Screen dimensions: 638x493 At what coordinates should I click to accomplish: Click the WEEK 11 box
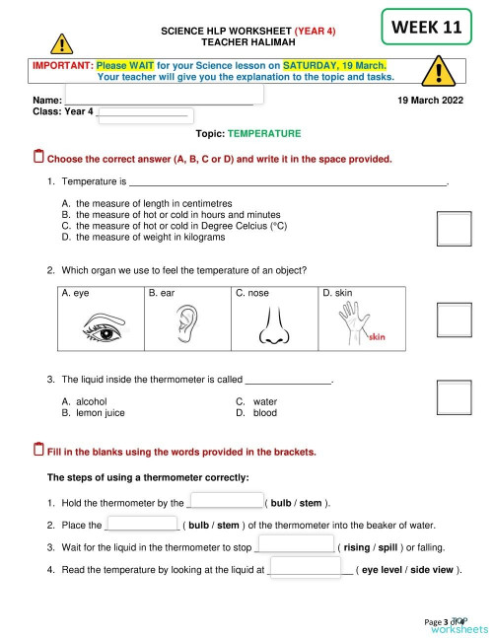[426, 28]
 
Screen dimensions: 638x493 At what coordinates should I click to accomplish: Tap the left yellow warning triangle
[62, 45]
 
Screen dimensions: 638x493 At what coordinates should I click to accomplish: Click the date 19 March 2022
[430, 101]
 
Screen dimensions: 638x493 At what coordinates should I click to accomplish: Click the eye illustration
[103, 322]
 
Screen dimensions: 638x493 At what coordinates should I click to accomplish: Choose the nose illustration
[273, 324]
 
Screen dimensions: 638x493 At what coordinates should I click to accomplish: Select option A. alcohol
[84, 401]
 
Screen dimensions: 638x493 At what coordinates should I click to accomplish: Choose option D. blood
[256, 413]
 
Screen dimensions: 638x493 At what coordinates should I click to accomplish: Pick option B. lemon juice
[93, 413]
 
